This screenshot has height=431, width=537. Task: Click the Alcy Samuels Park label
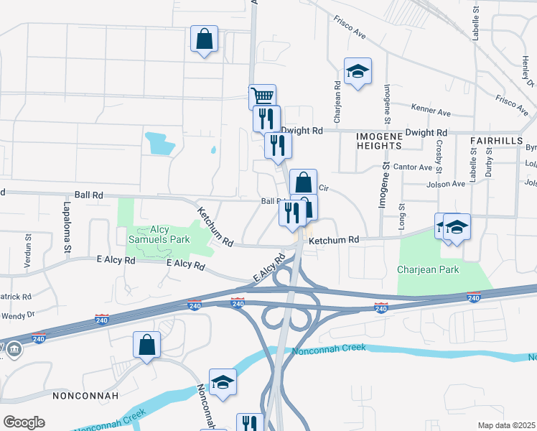click(159, 234)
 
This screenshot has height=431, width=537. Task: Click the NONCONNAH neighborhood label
click(80, 396)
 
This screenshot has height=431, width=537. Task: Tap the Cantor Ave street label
click(416, 167)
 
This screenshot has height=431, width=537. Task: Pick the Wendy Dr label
click(18, 315)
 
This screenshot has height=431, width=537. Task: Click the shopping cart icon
click(262, 96)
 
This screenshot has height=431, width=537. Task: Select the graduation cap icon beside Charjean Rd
click(358, 71)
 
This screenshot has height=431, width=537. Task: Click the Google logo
click(24, 422)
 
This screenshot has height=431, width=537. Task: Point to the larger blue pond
click(159, 143)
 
